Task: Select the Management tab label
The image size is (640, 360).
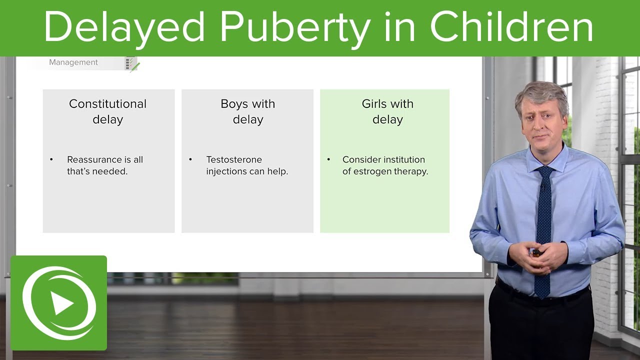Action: pos(73,62)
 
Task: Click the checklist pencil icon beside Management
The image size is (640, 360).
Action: pos(132,64)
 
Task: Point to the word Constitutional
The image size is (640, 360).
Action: pos(107,104)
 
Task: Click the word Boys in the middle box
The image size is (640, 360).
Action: pos(234,104)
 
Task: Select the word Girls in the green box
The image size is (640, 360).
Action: pos(375,104)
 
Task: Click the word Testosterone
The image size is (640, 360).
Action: pos(234,159)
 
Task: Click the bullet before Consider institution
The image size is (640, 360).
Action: pos(328,159)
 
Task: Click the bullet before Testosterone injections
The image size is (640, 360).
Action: pos(190,159)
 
